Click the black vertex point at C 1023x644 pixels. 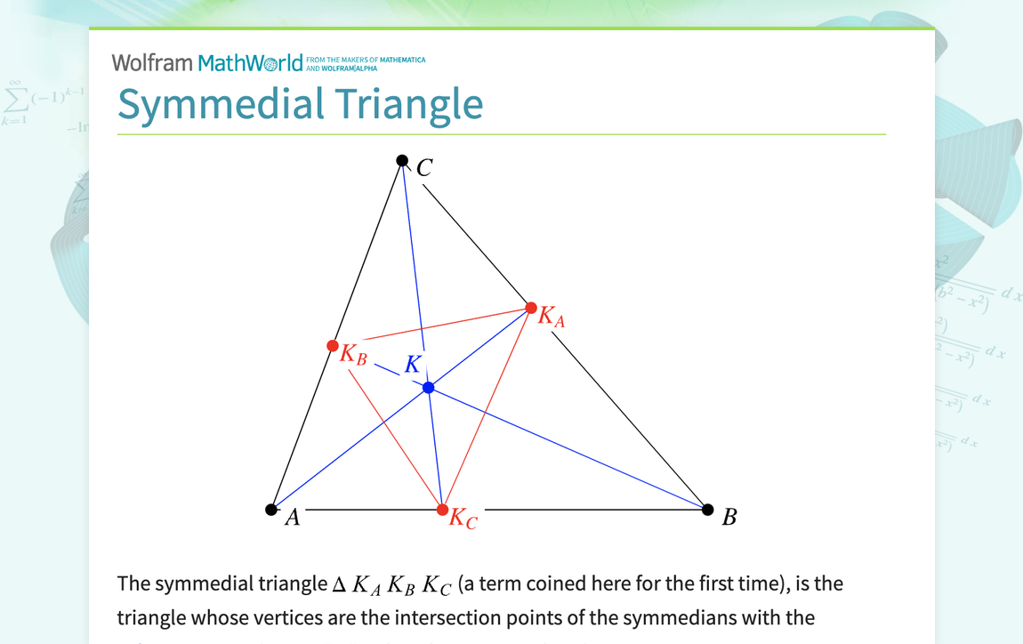(x=402, y=161)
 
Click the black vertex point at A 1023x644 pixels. (x=271, y=510)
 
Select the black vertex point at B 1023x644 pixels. (x=708, y=510)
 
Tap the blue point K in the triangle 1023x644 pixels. (x=429, y=388)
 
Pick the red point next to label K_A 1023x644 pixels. (x=531, y=308)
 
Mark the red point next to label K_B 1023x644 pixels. (x=333, y=345)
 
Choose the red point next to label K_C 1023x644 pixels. (x=443, y=510)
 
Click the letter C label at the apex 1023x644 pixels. (x=424, y=167)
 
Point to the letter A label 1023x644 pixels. (x=292, y=518)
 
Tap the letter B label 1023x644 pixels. (x=729, y=518)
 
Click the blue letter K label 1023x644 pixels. (x=413, y=364)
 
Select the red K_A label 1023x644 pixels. (x=552, y=317)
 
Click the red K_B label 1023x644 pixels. (x=353, y=354)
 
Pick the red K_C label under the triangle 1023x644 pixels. (x=463, y=519)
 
